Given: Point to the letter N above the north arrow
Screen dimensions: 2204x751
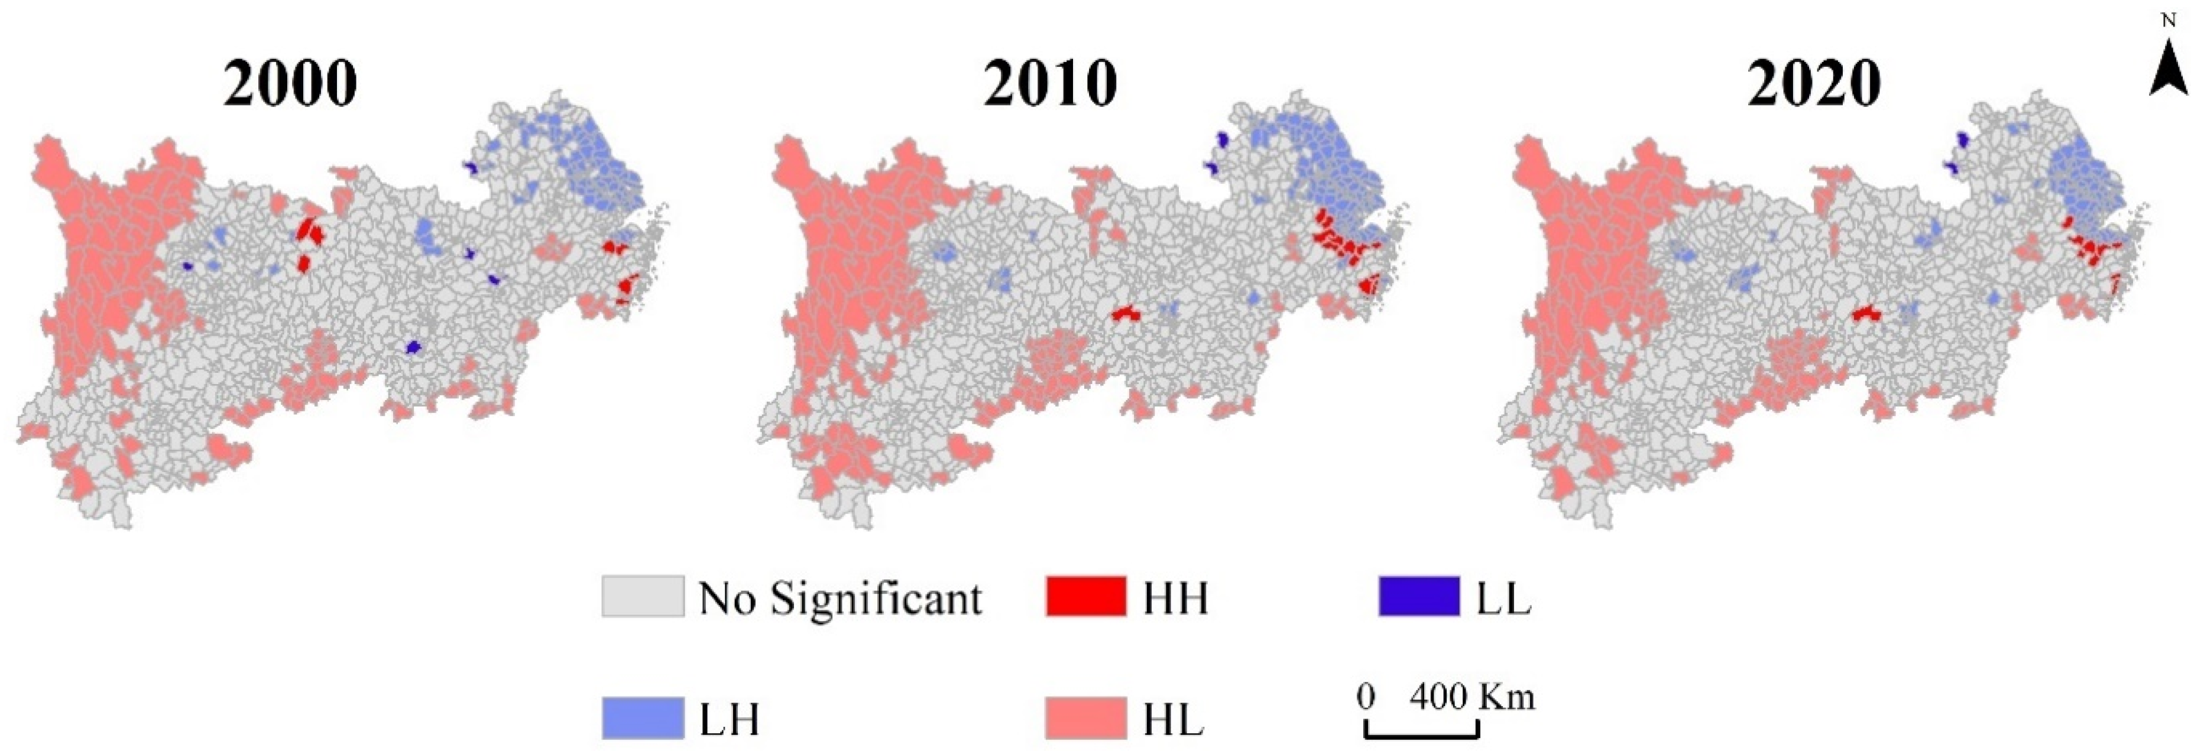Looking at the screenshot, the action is pos(2168,21).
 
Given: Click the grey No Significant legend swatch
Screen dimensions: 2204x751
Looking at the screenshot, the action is pos(643,596).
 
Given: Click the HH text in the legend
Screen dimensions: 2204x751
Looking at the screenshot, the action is pos(1175,598).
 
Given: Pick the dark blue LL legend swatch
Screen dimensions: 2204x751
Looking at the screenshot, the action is pos(1418,596).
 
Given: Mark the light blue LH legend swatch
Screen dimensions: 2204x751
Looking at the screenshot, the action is pos(643,717).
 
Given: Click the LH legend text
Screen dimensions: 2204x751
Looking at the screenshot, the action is pos(729,719).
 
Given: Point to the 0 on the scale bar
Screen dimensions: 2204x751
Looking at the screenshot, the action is pos(1366,697).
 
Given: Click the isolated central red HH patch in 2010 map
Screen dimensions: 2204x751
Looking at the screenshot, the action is pos(1124,314).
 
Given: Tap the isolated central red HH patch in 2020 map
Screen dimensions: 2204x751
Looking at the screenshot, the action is pos(1866,314).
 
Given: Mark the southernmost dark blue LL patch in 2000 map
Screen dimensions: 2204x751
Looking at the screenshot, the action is pos(413,346).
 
